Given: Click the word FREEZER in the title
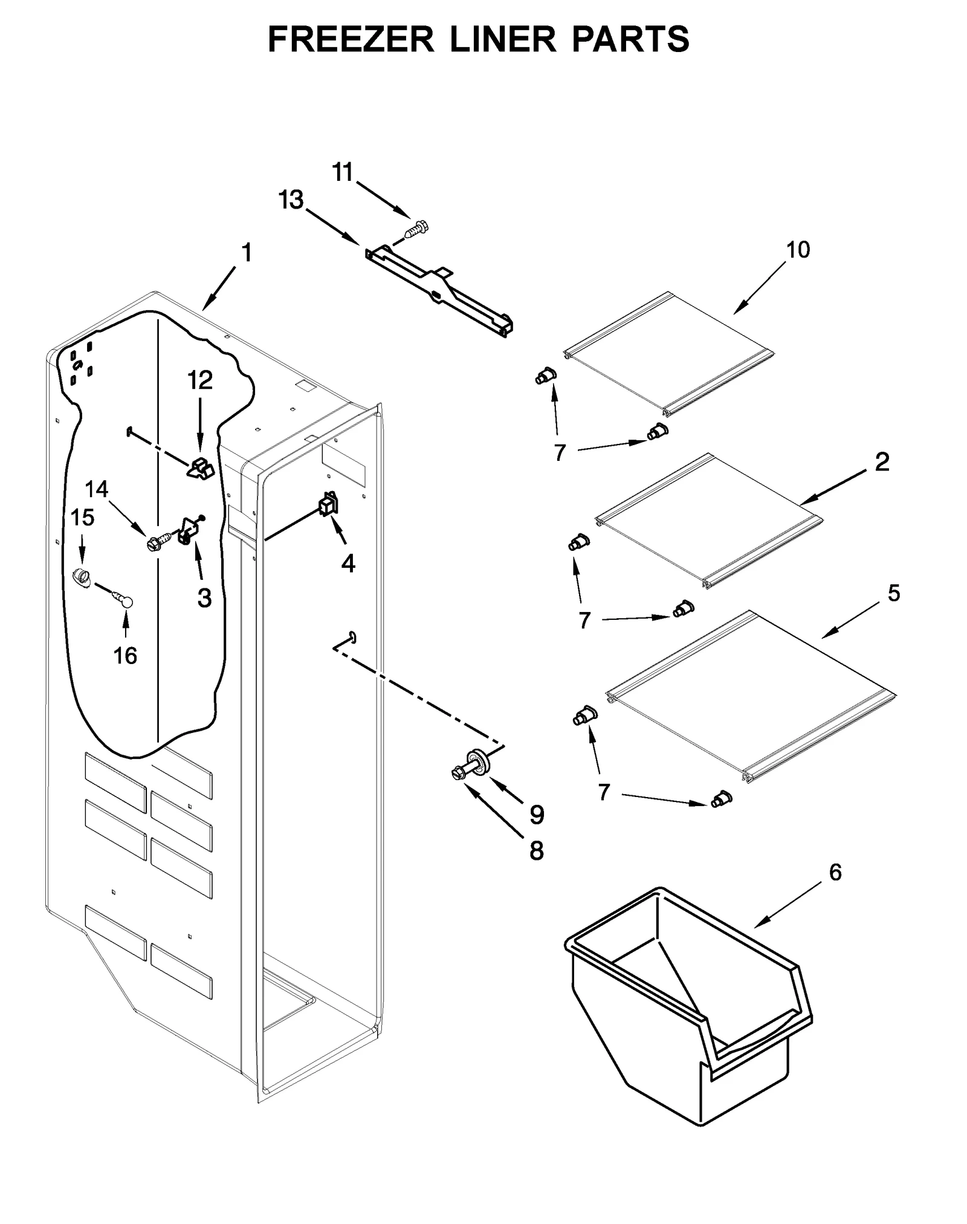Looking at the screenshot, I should (x=351, y=40).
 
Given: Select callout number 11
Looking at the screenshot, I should (x=343, y=173).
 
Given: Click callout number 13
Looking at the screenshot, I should (x=291, y=200).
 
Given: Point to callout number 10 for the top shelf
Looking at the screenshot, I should (x=798, y=249).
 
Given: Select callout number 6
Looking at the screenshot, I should (x=835, y=872).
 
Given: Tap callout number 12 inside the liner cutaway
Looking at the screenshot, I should (x=200, y=380).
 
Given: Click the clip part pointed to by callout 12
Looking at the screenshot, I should (x=202, y=469).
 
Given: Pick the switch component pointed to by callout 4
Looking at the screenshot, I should (x=328, y=504).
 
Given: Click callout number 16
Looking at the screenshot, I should (x=126, y=655).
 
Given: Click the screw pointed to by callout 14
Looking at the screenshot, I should (x=154, y=544).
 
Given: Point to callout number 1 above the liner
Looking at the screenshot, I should (x=247, y=253).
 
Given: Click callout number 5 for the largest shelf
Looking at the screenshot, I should (x=893, y=593).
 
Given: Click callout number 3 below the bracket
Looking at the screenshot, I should (x=205, y=597).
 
